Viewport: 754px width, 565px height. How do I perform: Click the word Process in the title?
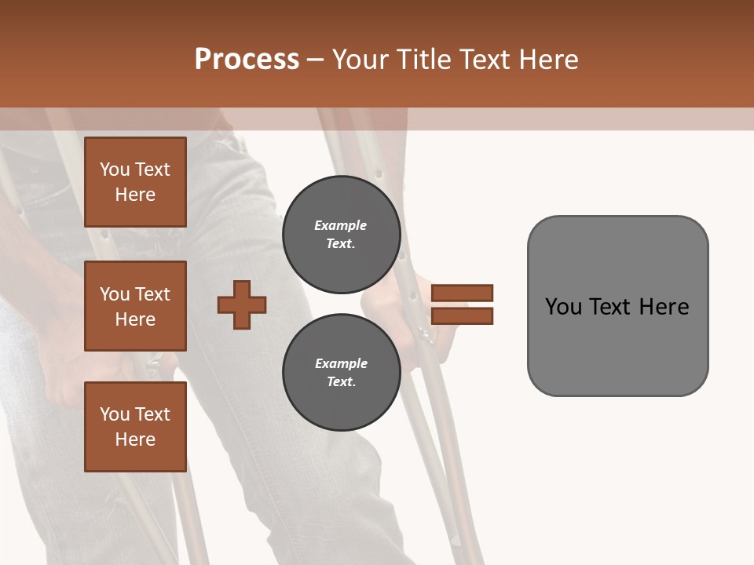(247, 60)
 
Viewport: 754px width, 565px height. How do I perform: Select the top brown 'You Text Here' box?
(135, 182)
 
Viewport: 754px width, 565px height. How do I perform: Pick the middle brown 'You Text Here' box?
(135, 306)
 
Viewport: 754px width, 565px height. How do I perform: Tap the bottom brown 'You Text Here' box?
(135, 426)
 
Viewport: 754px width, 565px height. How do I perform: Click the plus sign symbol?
(242, 304)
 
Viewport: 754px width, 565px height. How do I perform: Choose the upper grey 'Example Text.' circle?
(341, 235)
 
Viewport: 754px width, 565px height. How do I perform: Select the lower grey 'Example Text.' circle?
(341, 373)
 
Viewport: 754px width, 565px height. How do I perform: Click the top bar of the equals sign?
(462, 293)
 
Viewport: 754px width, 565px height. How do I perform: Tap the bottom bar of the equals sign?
(462, 316)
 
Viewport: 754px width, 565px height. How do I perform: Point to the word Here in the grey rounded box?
(664, 307)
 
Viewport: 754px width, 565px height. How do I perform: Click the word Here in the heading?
(547, 60)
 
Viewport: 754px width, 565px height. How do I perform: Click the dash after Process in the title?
(316, 60)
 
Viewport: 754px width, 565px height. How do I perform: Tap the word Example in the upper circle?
(341, 226)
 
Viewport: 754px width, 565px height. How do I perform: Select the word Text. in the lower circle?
(341, 382)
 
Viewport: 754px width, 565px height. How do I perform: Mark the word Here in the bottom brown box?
(135, 439)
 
